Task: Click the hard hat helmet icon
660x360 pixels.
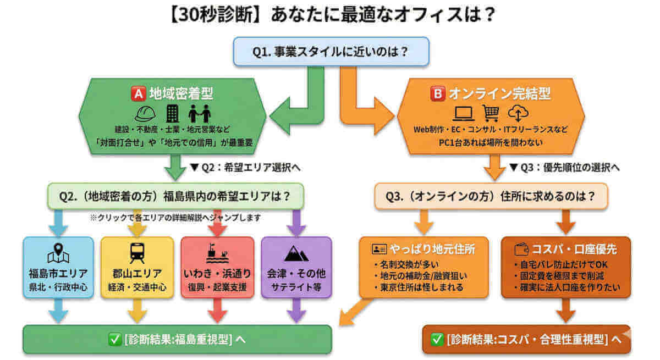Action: pyautogui.click(x=146, y=114)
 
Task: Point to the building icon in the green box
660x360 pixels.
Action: pyautogui.click(x=172, y=114)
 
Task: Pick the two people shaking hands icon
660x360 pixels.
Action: pyautogui.click(x=199, y=114)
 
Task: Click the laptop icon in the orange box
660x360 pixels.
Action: pyautogui.click(x=463, y=114)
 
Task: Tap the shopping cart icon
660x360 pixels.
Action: pyautogui.click(x=491, y=113)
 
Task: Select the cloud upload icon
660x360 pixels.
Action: pyautogui.click(x=518, y=113)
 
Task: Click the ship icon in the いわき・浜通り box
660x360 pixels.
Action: pyautogui.click(x=217, y=253)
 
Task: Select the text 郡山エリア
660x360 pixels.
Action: pyautogui.click(x=137, y=273)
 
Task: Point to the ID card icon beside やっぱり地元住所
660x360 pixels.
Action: pyautogui.click(x=378, y=250)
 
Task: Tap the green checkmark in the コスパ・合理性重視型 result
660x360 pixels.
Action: pyautogui.click(x=438, y=340)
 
